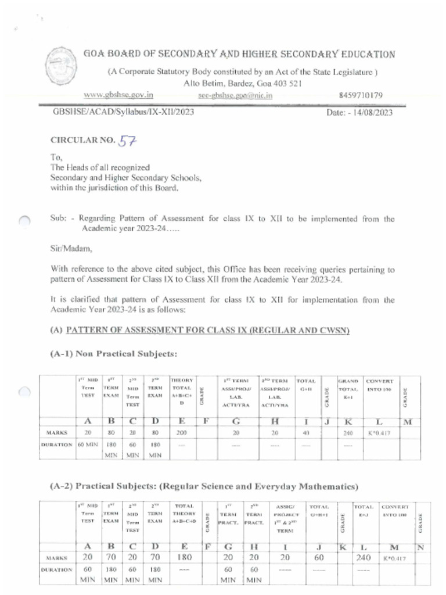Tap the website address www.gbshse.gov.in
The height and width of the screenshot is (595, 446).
click(x=118, y=95)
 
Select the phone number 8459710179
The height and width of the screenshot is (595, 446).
click(x=360, y=95)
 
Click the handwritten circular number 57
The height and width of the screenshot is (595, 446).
click(x=128, y=139)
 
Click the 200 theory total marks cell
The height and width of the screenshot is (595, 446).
click(x=181, y=433)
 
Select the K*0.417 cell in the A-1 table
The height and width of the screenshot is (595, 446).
click(x=380, y=433)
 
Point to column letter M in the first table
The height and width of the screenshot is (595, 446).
click(x=407, y=421)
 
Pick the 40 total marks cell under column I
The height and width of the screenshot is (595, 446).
click(x=306, y=433)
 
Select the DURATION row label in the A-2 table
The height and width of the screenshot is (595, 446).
click(x=56, y=570)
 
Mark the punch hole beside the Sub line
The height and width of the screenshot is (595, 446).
click(x=24, y=221)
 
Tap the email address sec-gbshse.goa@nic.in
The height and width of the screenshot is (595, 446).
click(x=235, y=95)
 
